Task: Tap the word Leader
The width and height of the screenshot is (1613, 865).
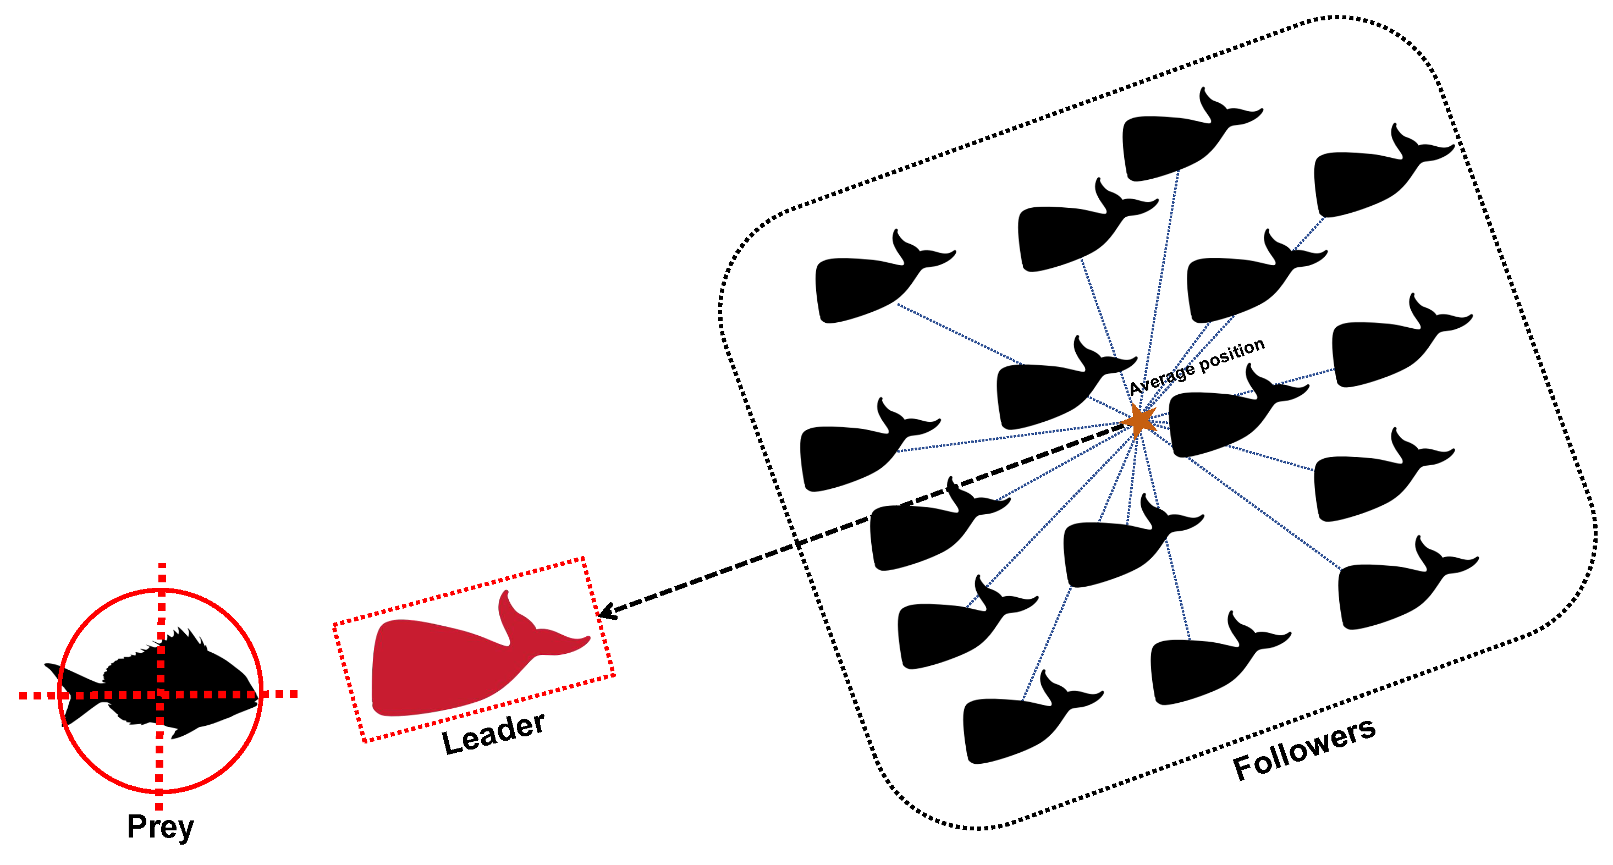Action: pos(493,734)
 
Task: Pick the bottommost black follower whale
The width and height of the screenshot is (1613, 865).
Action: pos(1021,726)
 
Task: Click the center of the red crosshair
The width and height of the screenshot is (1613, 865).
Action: pos(160,694)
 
